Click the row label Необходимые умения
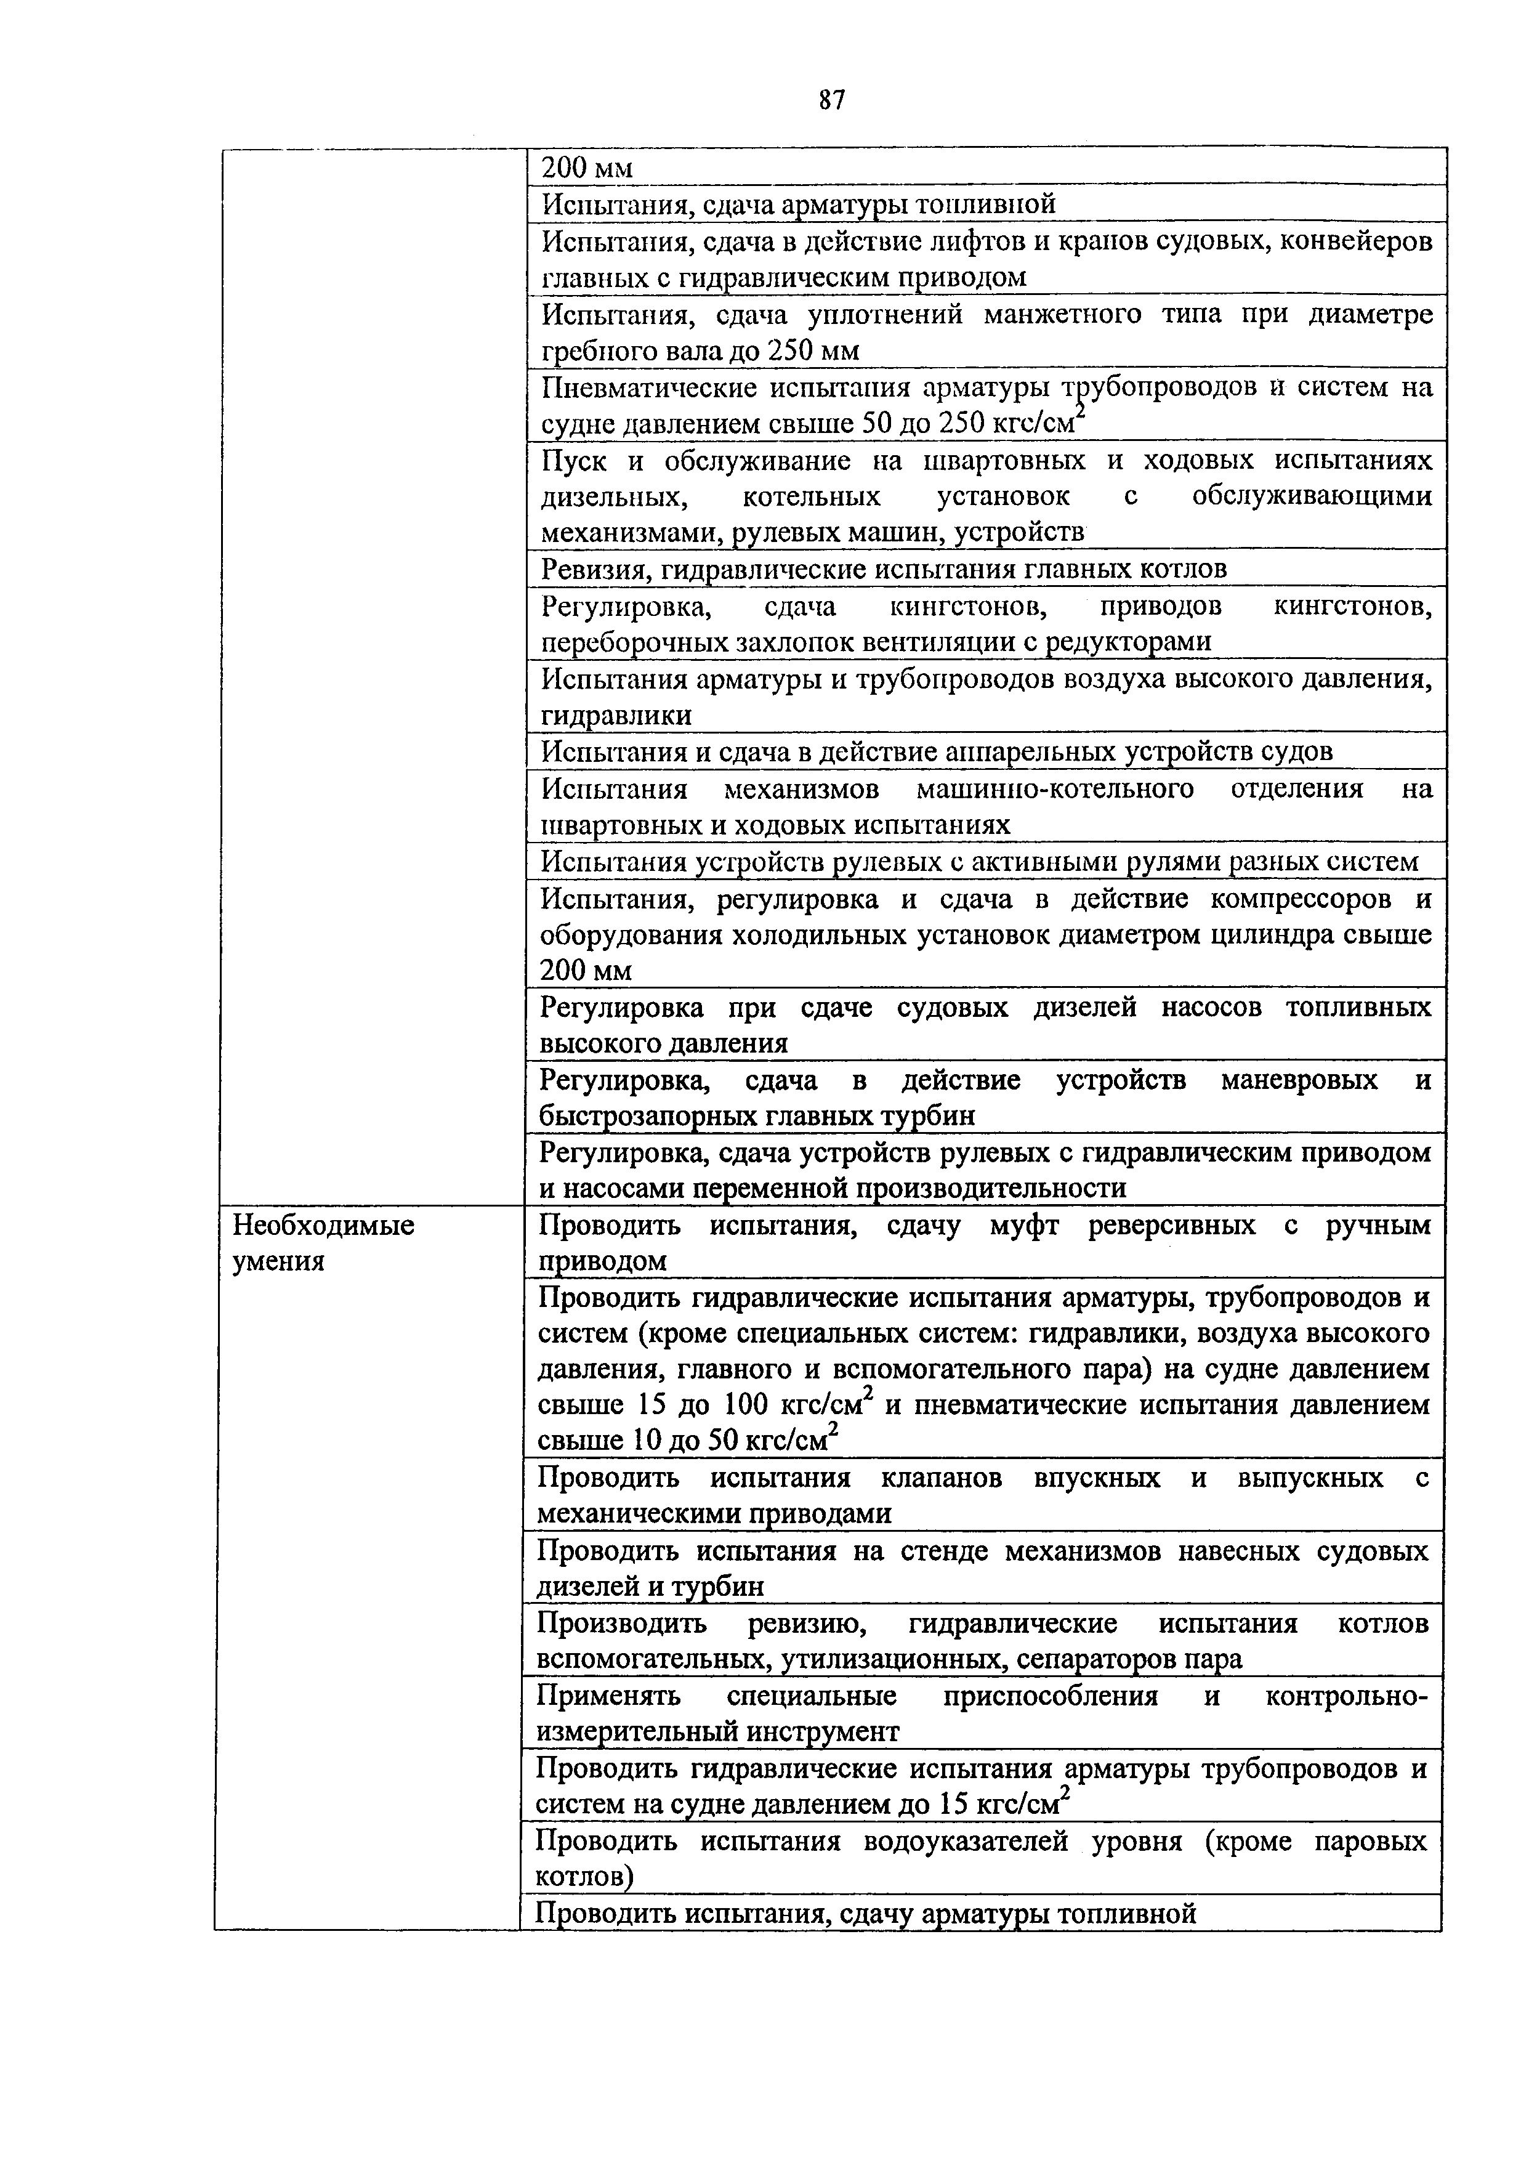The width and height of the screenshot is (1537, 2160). click(x=324, y=1243)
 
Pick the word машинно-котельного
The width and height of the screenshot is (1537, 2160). click(x=1056, y=788)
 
